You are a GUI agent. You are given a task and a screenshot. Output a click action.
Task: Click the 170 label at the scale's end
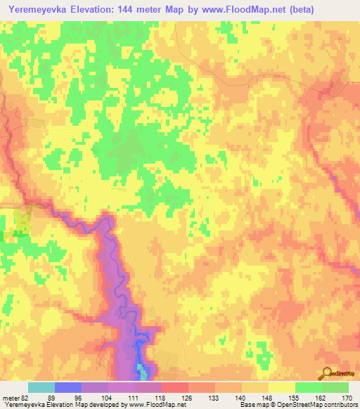coord(347,397)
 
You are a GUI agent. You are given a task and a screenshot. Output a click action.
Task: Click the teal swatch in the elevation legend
coord(41,387)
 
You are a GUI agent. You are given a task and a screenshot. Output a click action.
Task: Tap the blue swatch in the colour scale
coord(67,387)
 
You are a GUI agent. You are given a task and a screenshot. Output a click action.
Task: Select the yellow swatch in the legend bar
coord(281,387)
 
